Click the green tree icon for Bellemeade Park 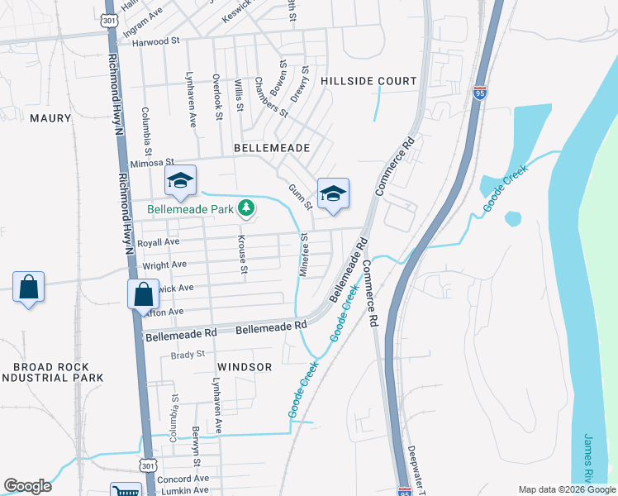(x=245, y=209)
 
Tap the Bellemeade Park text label (x=190, y=210)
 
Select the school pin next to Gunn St (x=333, y=194)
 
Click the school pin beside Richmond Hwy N (x=179, y=182)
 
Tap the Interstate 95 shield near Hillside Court (x=480, y=92)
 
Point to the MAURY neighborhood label (x=50, y=118)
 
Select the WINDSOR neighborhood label (x=245, y=366)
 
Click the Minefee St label (x=304, y=254)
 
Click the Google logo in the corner (x=27, y=486)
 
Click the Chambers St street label (x=270, y=97)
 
